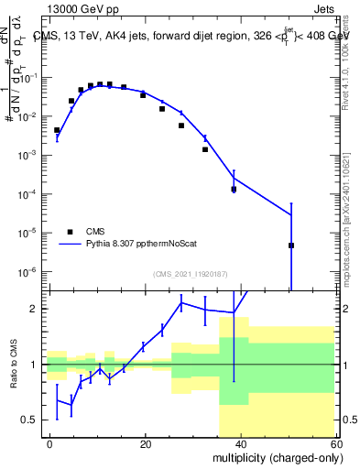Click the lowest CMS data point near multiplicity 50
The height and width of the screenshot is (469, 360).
click(290, 245)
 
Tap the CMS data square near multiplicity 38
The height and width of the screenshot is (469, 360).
click(234, 190)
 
